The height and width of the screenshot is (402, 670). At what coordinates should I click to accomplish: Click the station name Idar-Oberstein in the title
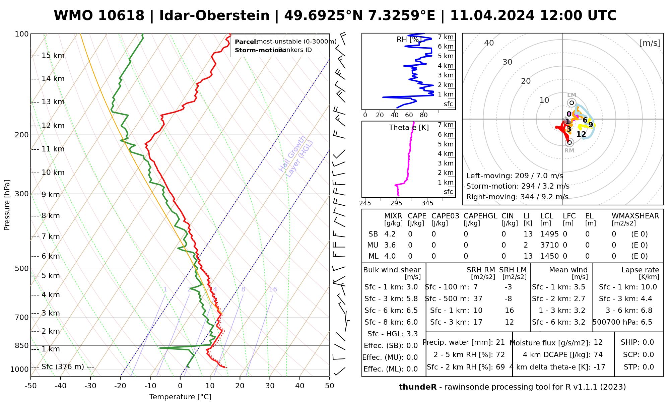coord(214,16)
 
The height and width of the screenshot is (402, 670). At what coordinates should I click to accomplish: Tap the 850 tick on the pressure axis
coord(22,345)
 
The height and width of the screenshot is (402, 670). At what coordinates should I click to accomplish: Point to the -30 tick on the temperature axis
coord(90,386)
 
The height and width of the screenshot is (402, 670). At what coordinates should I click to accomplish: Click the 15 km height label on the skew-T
coord(53,56)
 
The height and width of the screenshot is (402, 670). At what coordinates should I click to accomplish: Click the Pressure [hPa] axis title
coord(7,205)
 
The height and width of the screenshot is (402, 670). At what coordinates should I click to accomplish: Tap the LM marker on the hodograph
coord(572,103)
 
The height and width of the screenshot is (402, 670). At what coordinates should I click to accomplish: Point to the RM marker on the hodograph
coord(569,143)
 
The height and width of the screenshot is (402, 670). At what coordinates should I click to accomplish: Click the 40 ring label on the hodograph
coord(489,43)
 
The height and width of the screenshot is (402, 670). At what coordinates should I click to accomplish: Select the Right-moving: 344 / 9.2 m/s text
coord(517,197)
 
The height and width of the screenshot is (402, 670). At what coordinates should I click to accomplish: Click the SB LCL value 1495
coord(549,234)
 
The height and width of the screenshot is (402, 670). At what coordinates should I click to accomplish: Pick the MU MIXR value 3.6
coord(390,245)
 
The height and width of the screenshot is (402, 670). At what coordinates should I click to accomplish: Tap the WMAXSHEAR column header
coord(635,216)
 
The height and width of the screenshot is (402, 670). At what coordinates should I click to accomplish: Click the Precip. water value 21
coord(500,342)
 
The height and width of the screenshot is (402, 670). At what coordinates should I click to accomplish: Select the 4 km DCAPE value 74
coord(598,355)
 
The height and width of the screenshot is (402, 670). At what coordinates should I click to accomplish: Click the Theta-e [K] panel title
coord(409,128)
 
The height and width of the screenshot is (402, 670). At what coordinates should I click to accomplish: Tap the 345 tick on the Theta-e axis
coord(427,203)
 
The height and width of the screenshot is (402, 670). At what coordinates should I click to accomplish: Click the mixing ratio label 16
coord(273,289)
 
